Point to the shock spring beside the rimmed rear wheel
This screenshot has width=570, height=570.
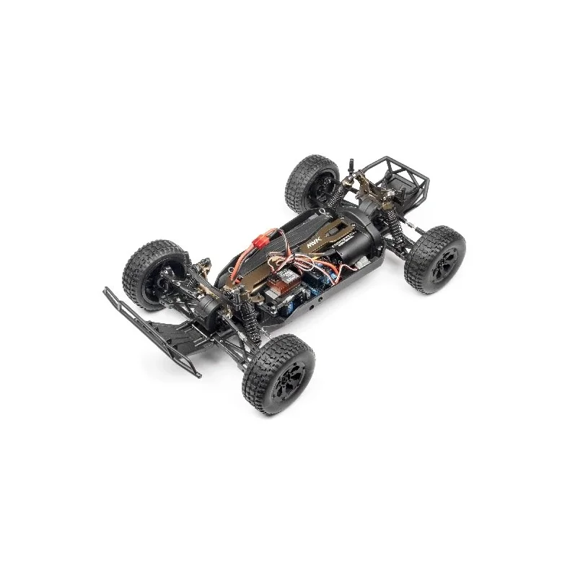(396, 231)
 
